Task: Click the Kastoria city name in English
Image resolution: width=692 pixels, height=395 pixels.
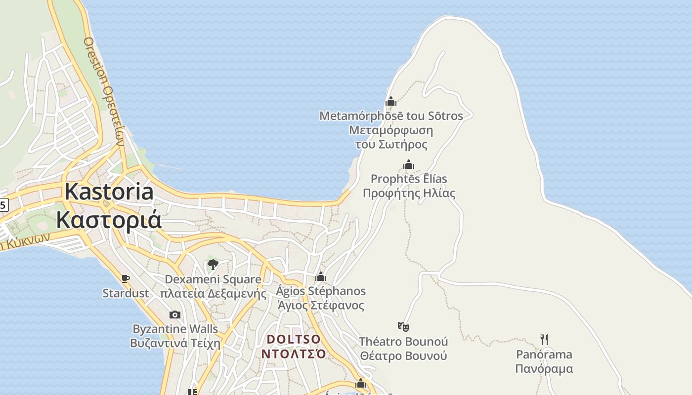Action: click(x=109, y=192)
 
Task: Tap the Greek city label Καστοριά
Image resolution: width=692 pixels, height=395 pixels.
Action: click(x=109, y=220)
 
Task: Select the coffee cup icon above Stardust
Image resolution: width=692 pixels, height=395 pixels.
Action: click(x=126, y=279)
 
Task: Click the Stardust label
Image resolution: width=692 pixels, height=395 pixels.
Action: click(x=126, y=293)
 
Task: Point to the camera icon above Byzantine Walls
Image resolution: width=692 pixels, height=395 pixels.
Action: click(x=174, y=315)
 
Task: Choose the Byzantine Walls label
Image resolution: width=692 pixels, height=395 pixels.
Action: click(x=175, y=329)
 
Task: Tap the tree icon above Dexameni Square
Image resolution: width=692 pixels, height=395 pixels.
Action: click(x=213, y=265)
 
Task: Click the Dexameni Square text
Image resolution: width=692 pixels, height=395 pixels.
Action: click(x=213, y=279)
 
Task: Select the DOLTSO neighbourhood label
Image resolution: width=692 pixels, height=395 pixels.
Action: click(x=294, y=340)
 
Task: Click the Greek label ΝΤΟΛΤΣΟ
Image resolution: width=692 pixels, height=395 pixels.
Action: click(x=294, y=354)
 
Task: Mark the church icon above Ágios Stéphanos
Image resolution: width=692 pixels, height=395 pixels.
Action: click(x=321, y=276)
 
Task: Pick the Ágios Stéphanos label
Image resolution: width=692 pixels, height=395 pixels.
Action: click(x=321, y=291)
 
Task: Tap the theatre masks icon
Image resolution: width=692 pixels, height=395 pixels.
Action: click(x=403, y=327)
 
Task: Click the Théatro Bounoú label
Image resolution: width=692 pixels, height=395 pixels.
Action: click(x=403, y=342)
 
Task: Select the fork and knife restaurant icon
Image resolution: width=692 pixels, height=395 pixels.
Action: click(x=544, y=340)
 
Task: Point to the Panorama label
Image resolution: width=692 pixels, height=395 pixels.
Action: click(x=544, y=355)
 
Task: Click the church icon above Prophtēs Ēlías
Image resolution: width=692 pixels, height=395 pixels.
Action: click(x=409, y=164)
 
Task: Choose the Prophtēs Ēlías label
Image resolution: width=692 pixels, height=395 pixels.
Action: click(x=409, y=179)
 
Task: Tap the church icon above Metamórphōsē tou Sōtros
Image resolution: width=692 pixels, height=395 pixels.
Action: click(x=391, y=102)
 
